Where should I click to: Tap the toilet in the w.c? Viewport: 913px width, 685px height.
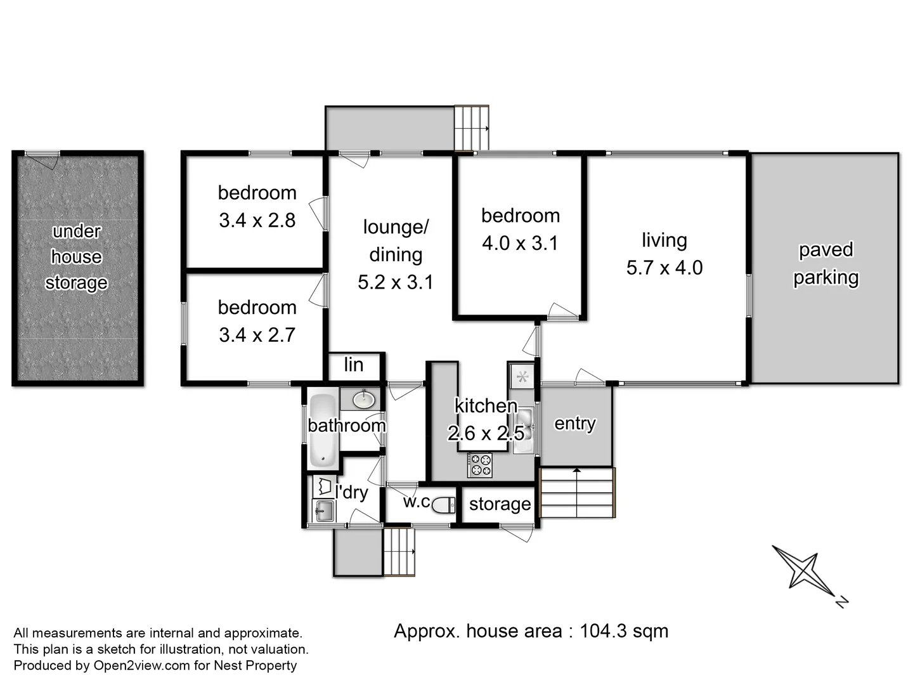pos(444,504)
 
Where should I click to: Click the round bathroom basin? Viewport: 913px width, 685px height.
pos(363,400)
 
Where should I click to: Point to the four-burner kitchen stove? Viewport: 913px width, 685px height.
pos(479,466)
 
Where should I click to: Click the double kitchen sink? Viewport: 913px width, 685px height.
pos(523,430)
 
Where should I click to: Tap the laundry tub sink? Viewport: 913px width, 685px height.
pos(325,510)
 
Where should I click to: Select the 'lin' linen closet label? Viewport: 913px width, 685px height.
pos(354,365)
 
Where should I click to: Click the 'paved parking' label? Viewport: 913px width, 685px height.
pos(826,263)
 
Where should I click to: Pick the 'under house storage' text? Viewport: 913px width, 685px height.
pos(77,257)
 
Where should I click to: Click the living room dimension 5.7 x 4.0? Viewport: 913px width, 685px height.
pos(664,268)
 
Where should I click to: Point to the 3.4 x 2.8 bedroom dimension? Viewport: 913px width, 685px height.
pos(257,220)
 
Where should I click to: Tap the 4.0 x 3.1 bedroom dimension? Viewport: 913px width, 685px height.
pos(520,243)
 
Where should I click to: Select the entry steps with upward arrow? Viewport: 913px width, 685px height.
pos(577,493)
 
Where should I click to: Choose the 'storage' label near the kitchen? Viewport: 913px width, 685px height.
pos(500,504)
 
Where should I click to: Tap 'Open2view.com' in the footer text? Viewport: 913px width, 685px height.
pos(141,665)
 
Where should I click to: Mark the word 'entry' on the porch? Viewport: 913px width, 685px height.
pos(575,423)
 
